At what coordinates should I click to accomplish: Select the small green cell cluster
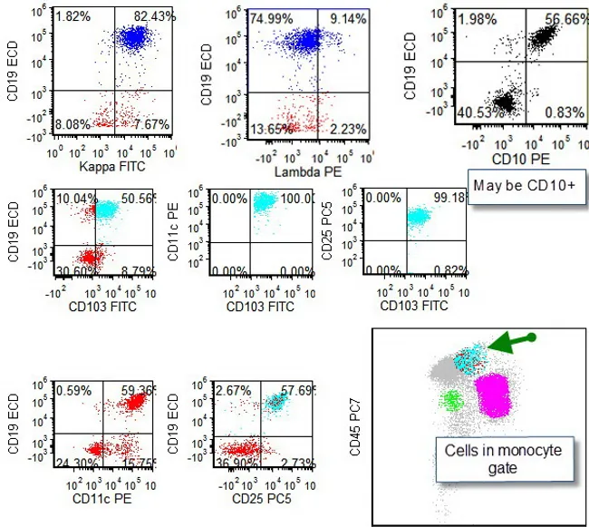(450, 401)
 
